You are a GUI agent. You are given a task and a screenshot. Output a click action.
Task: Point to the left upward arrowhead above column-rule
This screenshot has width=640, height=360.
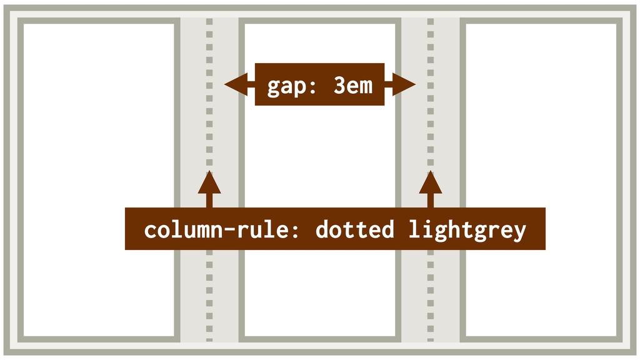[x=209, y=182]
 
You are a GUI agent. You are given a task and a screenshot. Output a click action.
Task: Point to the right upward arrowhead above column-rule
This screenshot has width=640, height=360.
[x=431, y=182]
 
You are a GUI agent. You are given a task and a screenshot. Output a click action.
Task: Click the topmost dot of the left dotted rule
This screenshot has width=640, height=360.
[x=209, y=22]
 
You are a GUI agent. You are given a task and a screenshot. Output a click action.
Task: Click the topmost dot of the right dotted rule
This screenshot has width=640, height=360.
[x=431, y=22]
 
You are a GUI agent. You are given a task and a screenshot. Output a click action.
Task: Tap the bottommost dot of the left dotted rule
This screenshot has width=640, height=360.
[x=209, y=339]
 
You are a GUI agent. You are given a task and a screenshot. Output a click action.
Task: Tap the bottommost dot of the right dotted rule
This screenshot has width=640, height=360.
[x=431, y=339]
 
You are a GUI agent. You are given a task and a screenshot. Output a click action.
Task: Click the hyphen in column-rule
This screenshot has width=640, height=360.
[x=229, y=230]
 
